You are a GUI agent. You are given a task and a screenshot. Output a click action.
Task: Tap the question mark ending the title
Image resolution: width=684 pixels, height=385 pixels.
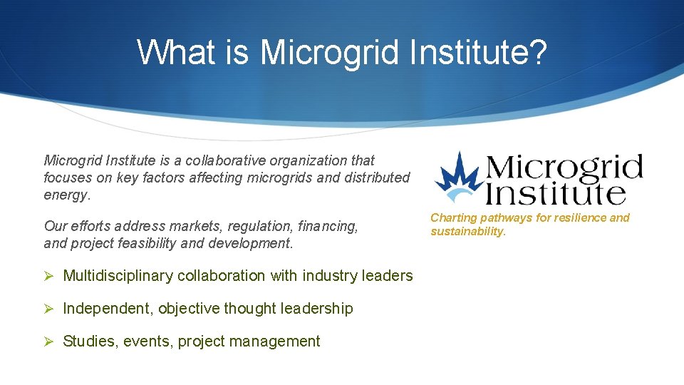click(x=537, y=52)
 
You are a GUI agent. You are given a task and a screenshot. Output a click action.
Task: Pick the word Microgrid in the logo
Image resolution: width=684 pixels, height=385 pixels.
click(x=564, y=167)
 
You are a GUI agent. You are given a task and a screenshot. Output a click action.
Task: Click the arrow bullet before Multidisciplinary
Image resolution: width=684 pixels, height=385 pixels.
click(x=49, y=276)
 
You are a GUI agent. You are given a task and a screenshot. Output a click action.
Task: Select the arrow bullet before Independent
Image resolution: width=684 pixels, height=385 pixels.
click(x=49, y=309)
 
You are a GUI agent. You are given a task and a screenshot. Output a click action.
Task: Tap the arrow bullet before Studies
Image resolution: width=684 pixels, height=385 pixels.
click(x=49, y=342)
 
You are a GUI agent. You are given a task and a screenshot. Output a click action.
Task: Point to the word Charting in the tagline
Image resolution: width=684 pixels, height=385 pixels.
click(x=453, y=217)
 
